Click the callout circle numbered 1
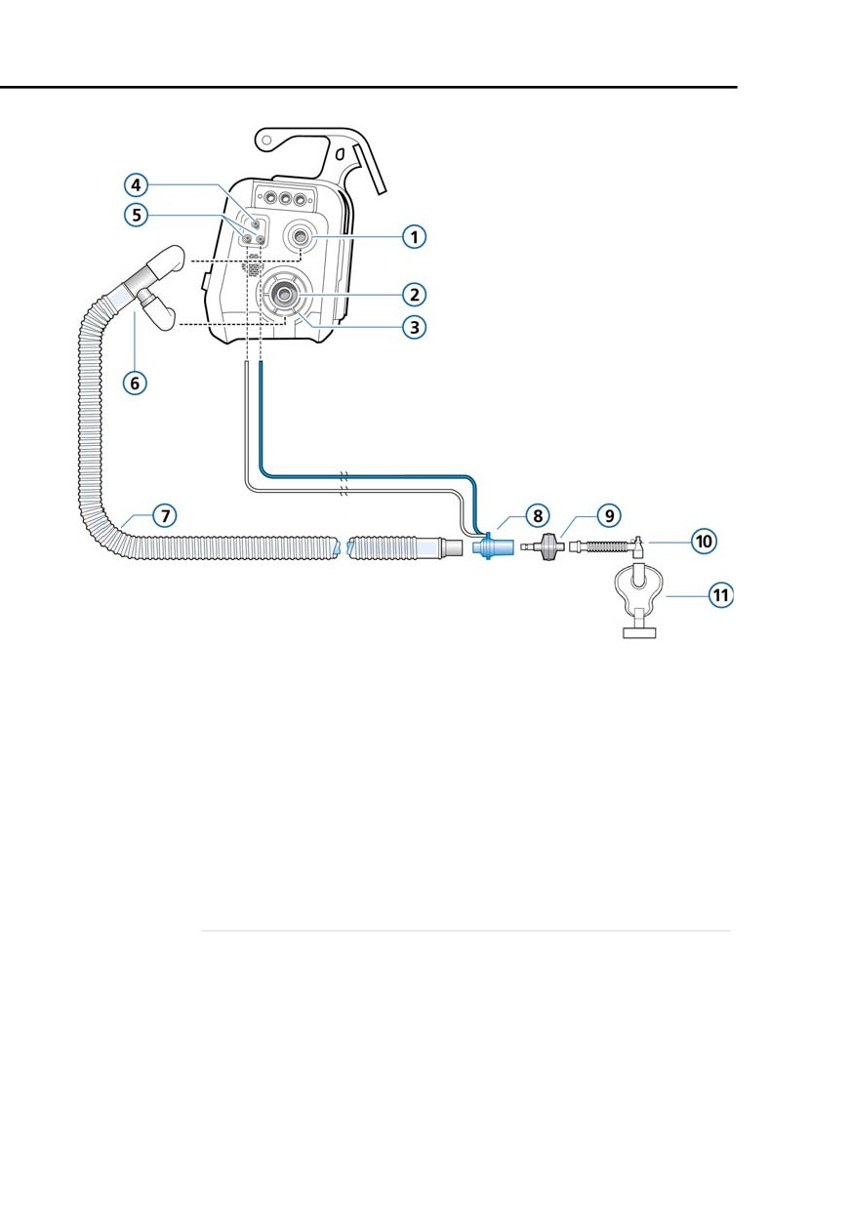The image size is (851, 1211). [414, 237]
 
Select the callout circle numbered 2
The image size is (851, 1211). [414, 295]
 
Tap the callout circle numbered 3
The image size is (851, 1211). [414, 327]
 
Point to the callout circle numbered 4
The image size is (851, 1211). [137, 185]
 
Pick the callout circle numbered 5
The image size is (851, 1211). [137, 215]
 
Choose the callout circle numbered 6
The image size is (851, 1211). [135, 383]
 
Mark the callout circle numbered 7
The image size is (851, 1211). [165, 515]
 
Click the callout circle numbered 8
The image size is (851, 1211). [538, 515]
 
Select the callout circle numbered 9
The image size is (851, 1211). [609, 515]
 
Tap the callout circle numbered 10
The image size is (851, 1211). [704, 542]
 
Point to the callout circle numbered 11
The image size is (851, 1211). [720, 596]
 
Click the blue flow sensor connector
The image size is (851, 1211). [492, 546]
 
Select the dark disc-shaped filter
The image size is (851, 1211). [548, 546]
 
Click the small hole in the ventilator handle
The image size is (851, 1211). [265, 140]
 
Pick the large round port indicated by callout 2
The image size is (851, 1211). [283, 295]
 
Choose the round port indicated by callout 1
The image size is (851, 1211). [299, 236]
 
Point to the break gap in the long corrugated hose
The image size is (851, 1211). [344, 547]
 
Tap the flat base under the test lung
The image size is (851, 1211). [640, 632]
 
